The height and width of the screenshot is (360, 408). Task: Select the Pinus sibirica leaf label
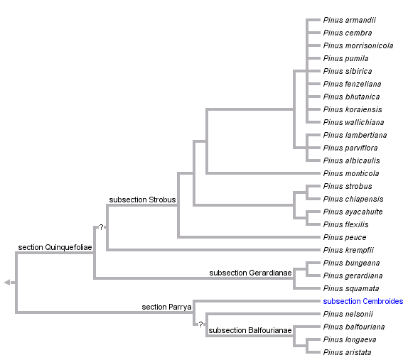(x=347, y=72)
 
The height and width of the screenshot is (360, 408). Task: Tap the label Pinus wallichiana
(x=353, y=123)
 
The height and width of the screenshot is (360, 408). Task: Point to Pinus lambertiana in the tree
(x=355, y=136)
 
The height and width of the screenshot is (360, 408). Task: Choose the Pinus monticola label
(x=350, y=174)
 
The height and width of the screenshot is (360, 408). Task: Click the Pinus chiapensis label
(x=353, y=200)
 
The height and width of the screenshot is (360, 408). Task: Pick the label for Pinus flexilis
(x=345, y=225)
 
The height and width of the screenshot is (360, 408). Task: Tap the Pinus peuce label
(x=344, y=238)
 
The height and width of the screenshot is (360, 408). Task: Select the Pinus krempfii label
(x=348, y=251)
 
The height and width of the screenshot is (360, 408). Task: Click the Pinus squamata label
(x=350, y=289)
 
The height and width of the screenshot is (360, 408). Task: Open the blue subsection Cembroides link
(x=363, y=302)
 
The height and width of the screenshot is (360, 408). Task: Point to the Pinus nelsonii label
(x=348, y=315)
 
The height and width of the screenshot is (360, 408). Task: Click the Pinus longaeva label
(x=348, y=340)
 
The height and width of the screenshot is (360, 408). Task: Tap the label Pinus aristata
(x=347, y=353)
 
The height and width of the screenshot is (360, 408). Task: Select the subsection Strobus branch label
(x=142, y=200)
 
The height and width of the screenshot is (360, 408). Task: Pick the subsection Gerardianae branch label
(x=250, y=273)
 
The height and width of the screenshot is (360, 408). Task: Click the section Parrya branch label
(x=166, y=307)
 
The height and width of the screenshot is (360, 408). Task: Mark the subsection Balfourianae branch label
(x=250, y=330)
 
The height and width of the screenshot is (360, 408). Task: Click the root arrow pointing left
(x=7, y=283)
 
